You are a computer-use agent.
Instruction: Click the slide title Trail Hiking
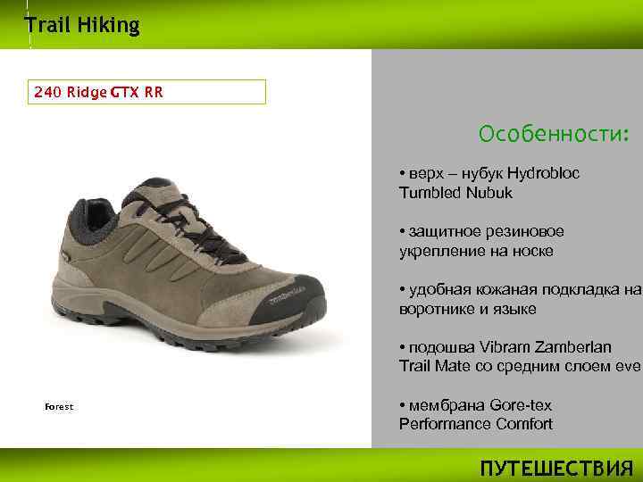(82, 25)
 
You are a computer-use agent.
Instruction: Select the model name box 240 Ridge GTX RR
(147, 92)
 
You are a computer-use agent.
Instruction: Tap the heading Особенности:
(554, 134)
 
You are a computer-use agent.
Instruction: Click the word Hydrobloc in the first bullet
(542, 173)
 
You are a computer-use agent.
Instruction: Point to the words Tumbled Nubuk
(455, 192)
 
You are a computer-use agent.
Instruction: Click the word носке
(532, 251)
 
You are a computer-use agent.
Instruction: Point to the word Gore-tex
(521, 405)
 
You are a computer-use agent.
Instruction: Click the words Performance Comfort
(475, 424)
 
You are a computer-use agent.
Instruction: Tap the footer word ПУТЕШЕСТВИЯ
(555, 469)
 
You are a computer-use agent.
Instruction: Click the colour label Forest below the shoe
(59, 406)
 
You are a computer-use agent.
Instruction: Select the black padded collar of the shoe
(85, 219)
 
